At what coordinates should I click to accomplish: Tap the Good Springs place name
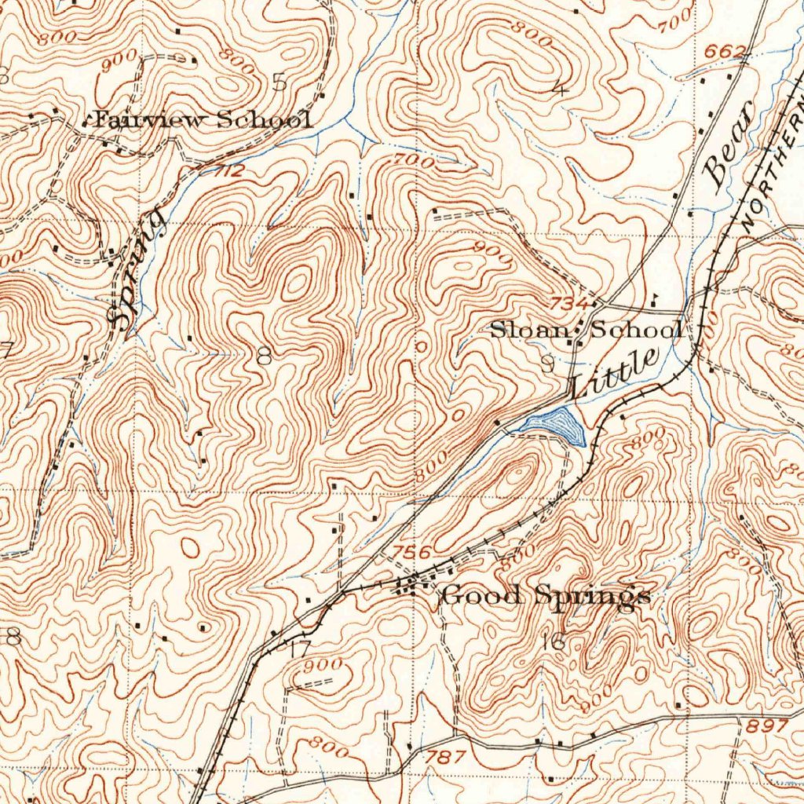(x=546, y=596)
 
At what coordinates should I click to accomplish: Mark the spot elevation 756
(x=411, y=552)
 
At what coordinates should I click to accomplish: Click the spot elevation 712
(x=228, y=170)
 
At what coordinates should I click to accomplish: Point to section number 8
(x=264, y=356)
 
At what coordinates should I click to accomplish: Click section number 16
(x=554, y=641)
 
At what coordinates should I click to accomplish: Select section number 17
(x=299, y=649)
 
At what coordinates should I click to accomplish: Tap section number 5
(x=278, y=82)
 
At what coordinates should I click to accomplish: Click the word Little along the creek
(x=614, y=372)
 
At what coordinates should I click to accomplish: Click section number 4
(x=560, y=88)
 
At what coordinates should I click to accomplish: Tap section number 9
(x=547, y=363)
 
